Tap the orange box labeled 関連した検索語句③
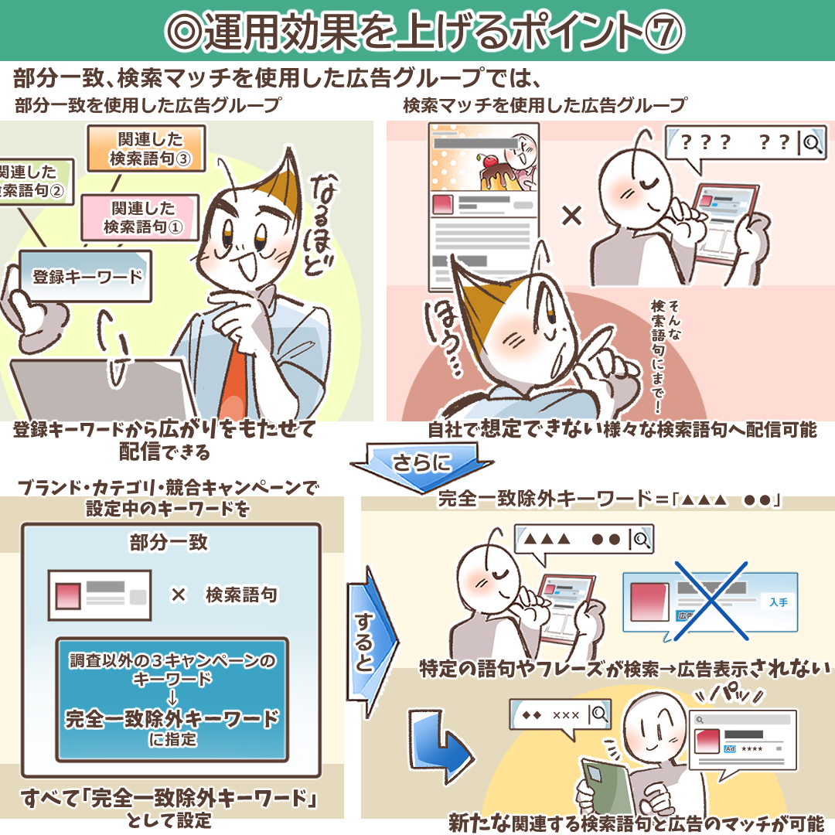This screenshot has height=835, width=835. coord(146,149)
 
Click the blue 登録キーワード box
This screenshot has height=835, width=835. coord(87,276)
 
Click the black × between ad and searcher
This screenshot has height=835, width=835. coord(571,216)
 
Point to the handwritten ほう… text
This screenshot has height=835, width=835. coord(439,336)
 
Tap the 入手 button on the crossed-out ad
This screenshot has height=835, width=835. coord(777,602)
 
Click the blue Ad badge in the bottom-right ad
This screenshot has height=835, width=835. coord(729,749)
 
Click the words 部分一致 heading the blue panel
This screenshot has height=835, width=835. coord(169,542)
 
